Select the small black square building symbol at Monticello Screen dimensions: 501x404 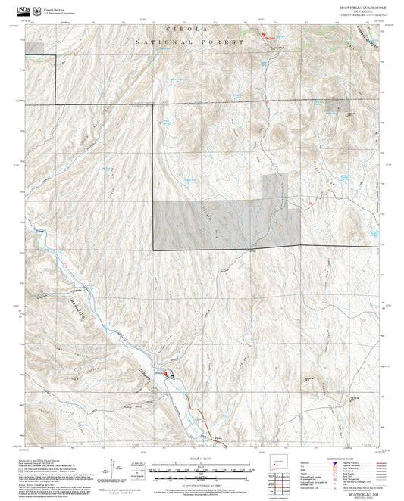172,375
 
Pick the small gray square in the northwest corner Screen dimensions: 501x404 34,48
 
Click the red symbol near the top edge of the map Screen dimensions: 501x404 264,35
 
